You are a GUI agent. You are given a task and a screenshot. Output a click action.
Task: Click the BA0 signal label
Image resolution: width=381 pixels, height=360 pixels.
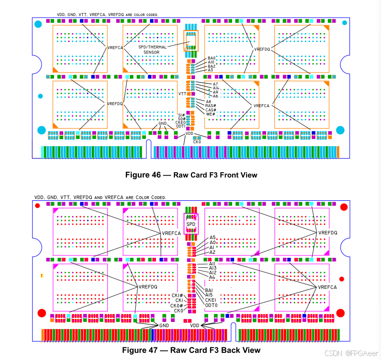click(212, 58)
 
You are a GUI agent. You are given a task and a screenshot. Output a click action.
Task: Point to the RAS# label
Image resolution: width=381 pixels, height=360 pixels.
click(211, 106)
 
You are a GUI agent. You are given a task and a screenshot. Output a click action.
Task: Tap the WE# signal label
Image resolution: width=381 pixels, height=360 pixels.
click(210, 114)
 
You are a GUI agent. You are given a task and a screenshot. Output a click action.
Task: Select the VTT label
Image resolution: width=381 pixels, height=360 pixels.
click(182, 94)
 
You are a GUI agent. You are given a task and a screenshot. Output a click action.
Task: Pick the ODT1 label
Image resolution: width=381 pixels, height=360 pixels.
click(181, 127)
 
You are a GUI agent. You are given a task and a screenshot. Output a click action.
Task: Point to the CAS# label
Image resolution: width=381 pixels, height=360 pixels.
click(211, 110)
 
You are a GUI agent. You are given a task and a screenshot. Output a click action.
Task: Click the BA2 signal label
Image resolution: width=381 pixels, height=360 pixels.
click(212, 66)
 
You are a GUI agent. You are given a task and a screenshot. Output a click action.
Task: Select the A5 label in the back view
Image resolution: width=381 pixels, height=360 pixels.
click(213, 237)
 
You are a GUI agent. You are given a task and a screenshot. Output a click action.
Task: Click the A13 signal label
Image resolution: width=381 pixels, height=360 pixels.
click(213, 268)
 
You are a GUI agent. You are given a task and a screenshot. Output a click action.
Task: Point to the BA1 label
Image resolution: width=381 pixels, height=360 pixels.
click(209, 290)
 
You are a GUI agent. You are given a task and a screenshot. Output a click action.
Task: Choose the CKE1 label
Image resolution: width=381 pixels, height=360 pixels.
click(211, 300)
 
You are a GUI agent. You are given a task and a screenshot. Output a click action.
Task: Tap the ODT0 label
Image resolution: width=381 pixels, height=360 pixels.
click(211, 305)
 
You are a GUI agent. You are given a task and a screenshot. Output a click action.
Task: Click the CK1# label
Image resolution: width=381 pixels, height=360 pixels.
click(177, 295)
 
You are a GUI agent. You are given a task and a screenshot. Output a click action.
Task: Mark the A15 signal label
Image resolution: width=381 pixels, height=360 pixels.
click(209, 295)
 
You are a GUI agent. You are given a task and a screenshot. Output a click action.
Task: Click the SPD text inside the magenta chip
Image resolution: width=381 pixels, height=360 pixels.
click(191, 224)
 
